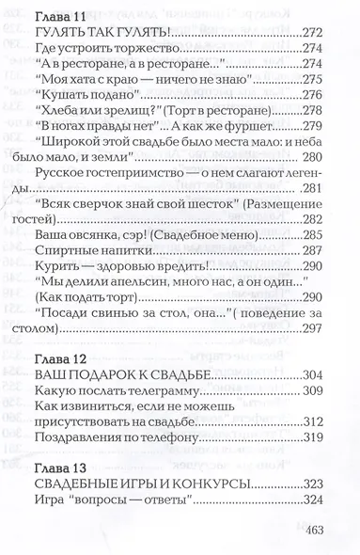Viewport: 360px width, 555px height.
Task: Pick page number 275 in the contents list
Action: (x=312, y=80)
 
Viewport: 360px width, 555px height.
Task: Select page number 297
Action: (x=312, y=329)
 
